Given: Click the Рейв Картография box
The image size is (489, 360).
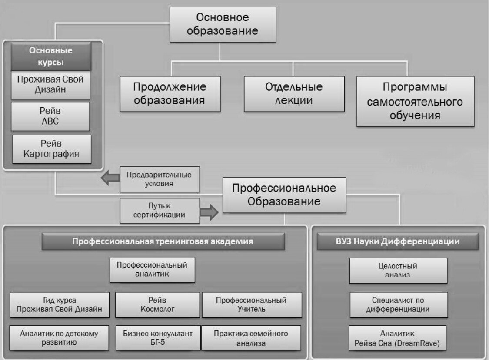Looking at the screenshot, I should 52,148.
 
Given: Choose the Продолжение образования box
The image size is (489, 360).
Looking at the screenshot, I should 170,94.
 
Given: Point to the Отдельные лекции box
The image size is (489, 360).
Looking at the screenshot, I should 294,93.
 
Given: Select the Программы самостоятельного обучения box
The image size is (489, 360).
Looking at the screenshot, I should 415,101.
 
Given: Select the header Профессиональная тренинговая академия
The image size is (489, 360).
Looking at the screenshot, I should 163,241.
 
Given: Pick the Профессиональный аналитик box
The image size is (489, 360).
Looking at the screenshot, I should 152,270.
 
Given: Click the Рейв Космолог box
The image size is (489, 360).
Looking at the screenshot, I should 157,304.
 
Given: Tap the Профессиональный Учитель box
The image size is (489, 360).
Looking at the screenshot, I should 251,304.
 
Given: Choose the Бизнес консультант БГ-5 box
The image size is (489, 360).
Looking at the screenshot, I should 157,337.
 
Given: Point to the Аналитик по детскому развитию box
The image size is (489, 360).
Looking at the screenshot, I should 59,337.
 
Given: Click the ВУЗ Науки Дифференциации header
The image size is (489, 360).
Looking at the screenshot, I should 398,241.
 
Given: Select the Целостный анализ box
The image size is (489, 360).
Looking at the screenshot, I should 398,270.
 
